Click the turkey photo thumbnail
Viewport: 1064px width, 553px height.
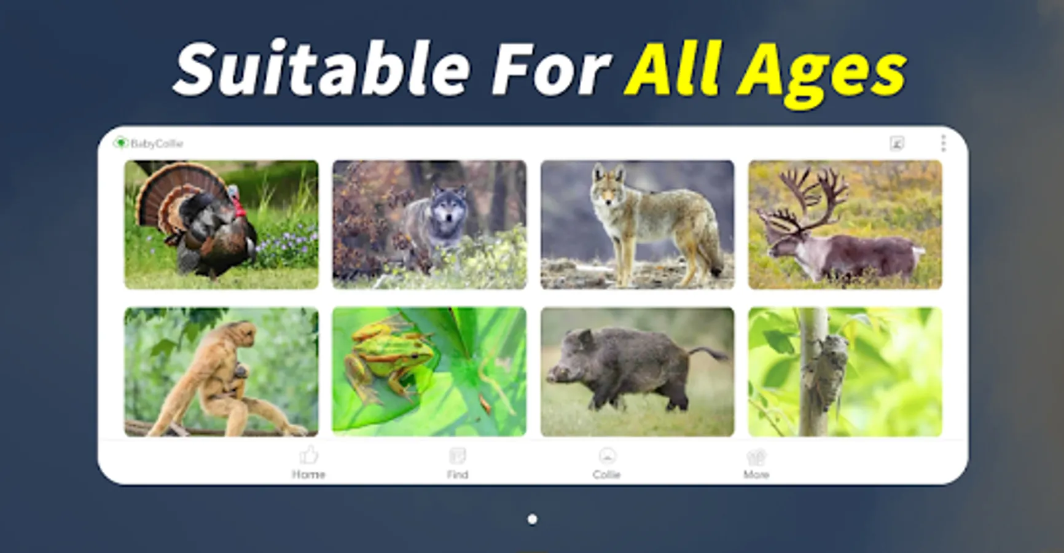(221, 225)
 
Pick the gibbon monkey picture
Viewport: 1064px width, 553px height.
(221, 372)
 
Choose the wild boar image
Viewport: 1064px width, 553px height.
(637, 372)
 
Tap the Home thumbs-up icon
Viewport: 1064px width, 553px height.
(308, 455)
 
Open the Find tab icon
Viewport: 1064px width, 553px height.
(458, 456)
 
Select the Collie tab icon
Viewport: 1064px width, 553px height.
(607, 456)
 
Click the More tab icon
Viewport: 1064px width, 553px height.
(756, 457)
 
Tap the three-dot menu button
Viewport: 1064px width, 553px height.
(943, 143)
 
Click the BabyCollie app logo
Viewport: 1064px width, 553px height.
(120, 143)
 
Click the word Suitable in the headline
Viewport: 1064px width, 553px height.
(323, 68)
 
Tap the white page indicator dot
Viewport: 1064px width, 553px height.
(533, 520)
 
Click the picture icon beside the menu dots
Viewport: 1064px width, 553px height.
(897, 144)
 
